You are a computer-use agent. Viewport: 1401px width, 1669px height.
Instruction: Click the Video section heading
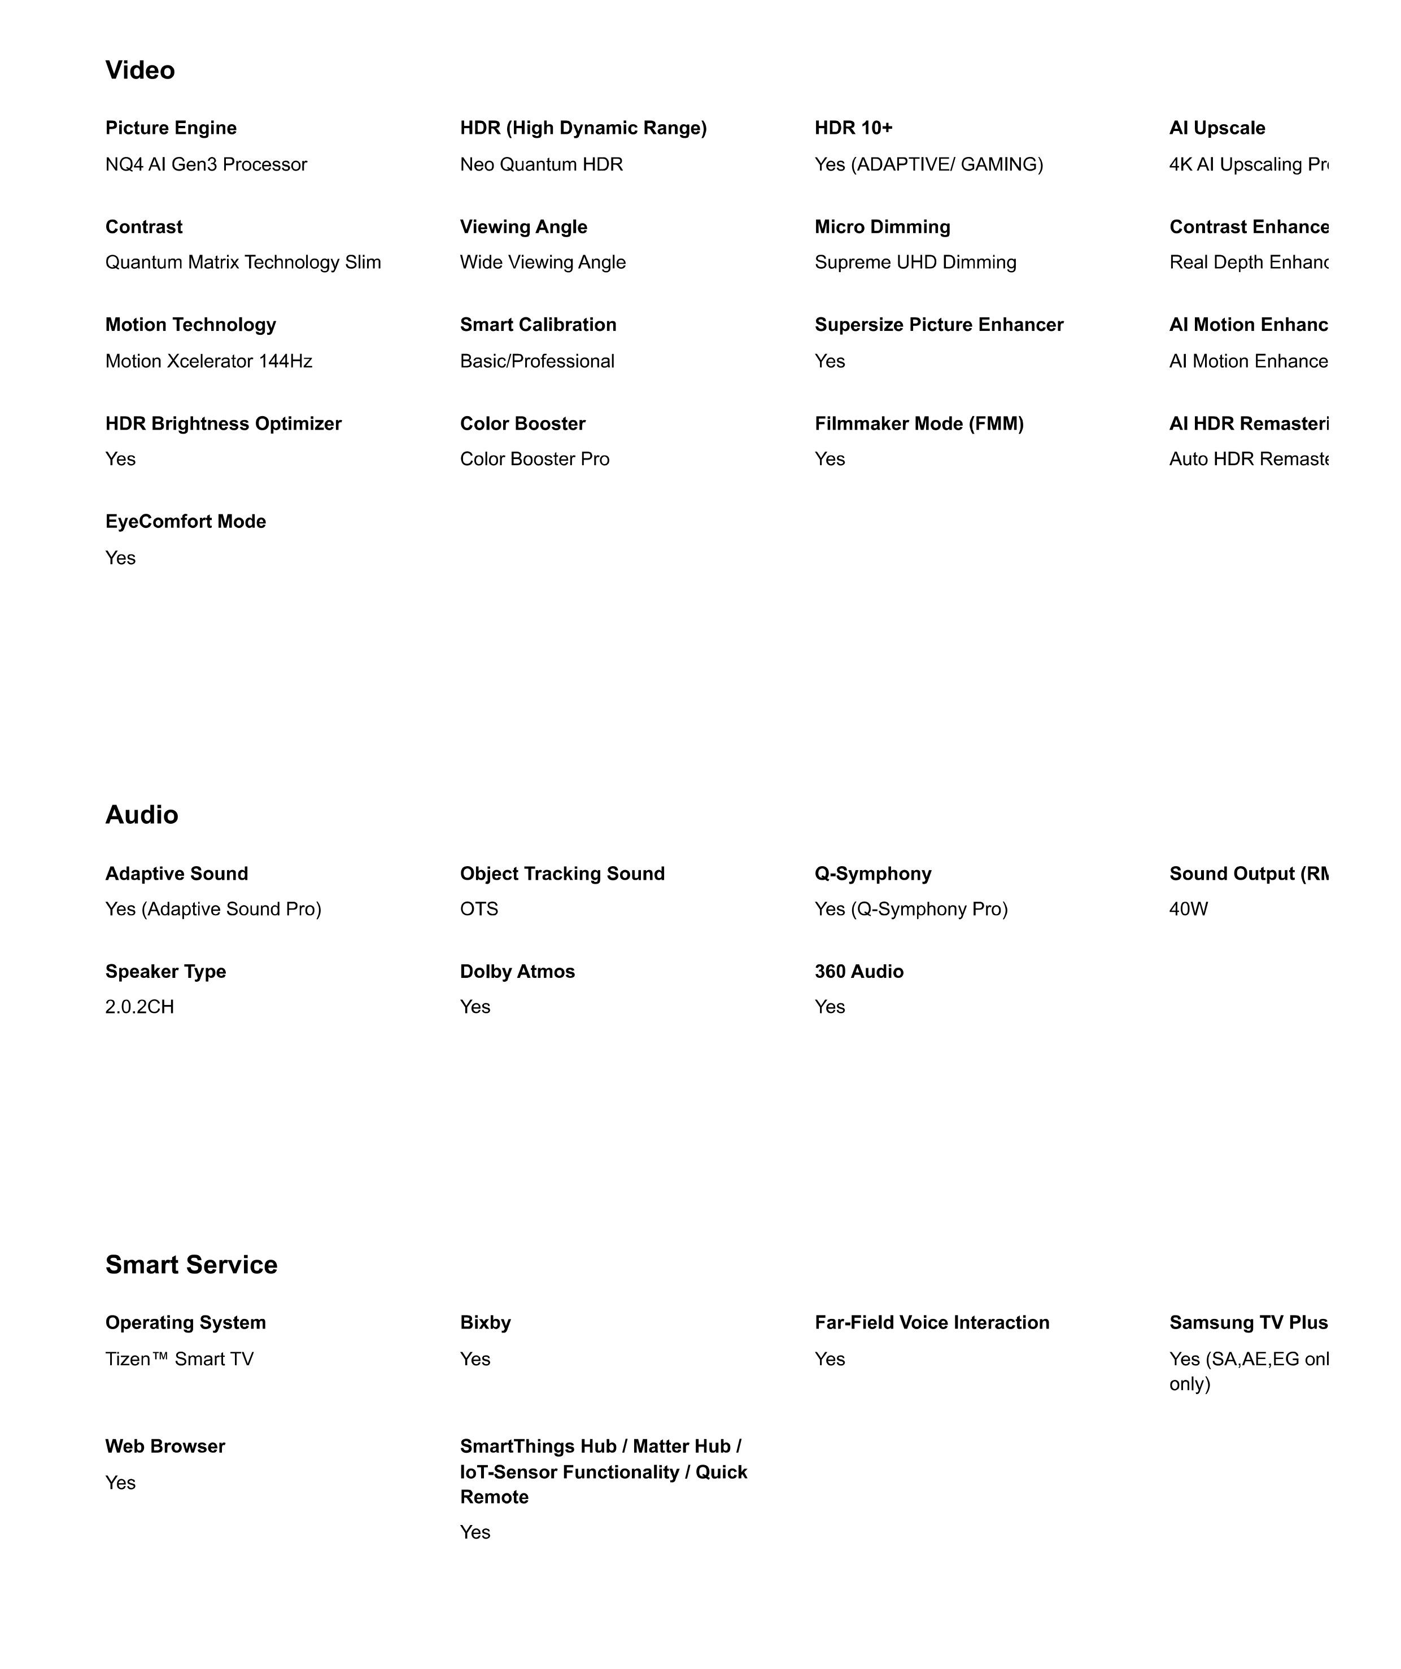(x=140, y=70)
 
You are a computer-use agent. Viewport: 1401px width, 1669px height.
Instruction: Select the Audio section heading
(x=141, y=815)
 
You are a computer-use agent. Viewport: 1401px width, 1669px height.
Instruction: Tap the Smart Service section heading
(x=191, y=1265)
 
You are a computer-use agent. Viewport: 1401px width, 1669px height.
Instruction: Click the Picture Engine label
(x=171, y=128)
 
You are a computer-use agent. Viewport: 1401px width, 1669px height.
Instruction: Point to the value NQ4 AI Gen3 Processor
(x=206, y=164)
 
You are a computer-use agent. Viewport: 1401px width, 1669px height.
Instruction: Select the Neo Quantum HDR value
(x=541, y=164)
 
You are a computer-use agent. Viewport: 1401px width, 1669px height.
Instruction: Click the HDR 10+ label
(x=853, y=128)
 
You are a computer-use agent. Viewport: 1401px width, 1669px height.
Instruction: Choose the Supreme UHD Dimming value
(x=915, y=263)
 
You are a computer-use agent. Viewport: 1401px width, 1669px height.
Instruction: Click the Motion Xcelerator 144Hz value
(x=208, y=361)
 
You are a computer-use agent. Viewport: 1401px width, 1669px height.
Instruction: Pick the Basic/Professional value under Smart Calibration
(x=537, y=361)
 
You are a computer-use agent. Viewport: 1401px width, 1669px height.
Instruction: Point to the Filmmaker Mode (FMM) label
(x=919, y=423)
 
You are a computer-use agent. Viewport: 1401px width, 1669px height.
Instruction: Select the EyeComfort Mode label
(x=185, y=521)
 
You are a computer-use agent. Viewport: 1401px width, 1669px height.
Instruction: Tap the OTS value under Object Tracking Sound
(x=479, y=908)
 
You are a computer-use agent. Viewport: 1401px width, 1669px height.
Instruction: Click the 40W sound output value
(x=1188, y=908)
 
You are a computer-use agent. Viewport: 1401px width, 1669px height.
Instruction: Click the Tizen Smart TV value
(x=179, y=1359)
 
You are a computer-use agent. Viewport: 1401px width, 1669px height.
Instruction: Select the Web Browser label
(x=165, y=1447)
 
